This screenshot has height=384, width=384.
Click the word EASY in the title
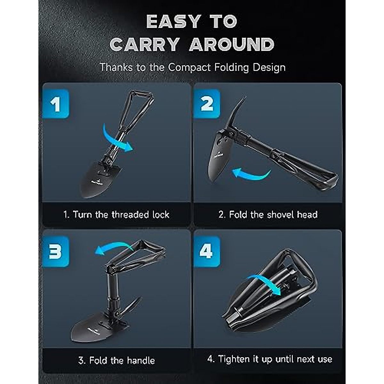173,21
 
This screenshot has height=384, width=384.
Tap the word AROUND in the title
232,44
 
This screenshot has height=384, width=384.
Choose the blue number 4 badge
206,251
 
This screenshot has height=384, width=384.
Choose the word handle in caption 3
141,361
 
